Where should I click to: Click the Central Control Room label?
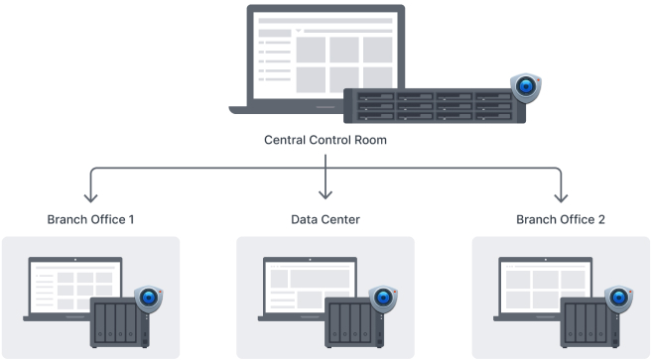[325, 140]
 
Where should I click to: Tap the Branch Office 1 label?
[90, 219]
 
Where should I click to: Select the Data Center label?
[325, 219]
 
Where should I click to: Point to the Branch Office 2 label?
[561, 219]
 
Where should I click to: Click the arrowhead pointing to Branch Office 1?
[91, 197]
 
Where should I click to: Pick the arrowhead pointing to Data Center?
[325, 194]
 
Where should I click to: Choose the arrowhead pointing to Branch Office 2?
[561, 197]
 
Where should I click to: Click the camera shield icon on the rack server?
[526, 87]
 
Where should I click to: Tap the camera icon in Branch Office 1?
[149, 299]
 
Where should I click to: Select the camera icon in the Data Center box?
[383, 299]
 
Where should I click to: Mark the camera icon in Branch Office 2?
[618, 299]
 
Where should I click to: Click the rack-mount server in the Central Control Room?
[435, 106]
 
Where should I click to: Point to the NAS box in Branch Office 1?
[119, 322]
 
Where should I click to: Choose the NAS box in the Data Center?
[354, 322]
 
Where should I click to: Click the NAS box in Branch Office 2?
[589, 322]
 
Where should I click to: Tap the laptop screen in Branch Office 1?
[75, 287]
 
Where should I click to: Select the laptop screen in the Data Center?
[311, 287]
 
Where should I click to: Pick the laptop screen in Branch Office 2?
[546, 287]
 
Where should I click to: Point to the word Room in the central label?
[370, 140]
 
